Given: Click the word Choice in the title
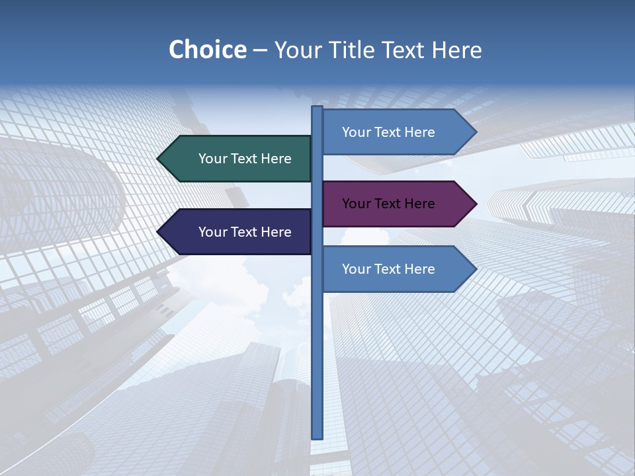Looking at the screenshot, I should point(207,50).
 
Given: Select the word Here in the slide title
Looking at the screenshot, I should point(456,50).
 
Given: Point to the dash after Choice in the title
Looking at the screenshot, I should point(260,50).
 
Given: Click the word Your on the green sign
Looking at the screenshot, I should point(213,159).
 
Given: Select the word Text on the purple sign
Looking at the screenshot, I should point(389,204).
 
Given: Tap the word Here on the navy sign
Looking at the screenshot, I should point(276,232).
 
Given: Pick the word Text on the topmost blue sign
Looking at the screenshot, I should point(389,132).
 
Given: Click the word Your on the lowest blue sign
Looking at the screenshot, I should point(357,269).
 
